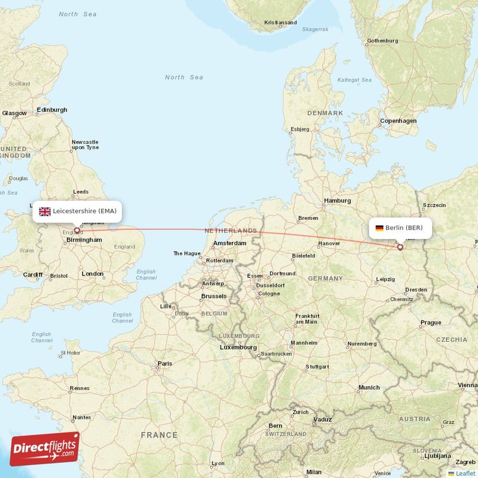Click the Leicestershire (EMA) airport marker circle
[x=76, y=230]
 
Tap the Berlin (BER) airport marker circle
[x=400, y=247]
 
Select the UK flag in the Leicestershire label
[x=45, y=212]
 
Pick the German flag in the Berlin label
[x=379, y=228]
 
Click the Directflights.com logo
[x=45, y=449]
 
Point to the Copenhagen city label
[x=399, y=121]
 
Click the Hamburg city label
[x=337, y=201]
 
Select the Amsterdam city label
[x=229, y=243]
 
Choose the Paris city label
[x=164, y=363]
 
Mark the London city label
[x=92, y=274]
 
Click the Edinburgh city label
[x=52, y=110]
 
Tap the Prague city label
[x=430, y=323]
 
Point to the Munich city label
[x=369, y=388]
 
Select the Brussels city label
[x=214, y=296]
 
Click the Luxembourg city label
[x=238, y=347]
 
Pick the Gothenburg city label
[x=382, y=41]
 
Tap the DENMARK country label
[x=325, y=113]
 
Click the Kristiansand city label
[x=280, y=23]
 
